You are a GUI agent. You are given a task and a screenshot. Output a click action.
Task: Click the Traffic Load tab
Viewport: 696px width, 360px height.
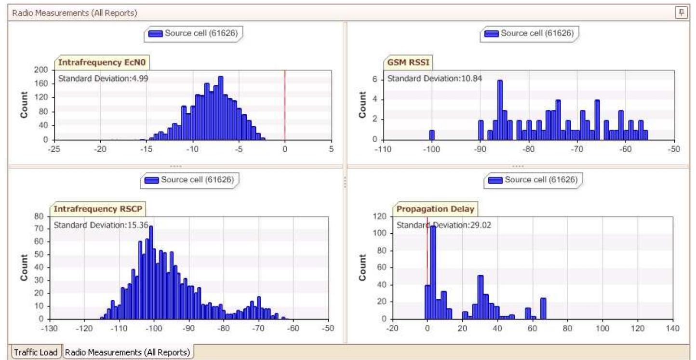click(x=36, y=352)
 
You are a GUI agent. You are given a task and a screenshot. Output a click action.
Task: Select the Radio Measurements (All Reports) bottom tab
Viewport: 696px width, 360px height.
click(x=128, y=352)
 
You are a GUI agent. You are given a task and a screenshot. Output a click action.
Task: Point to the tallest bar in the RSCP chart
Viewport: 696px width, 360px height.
click(x=151, y=272)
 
